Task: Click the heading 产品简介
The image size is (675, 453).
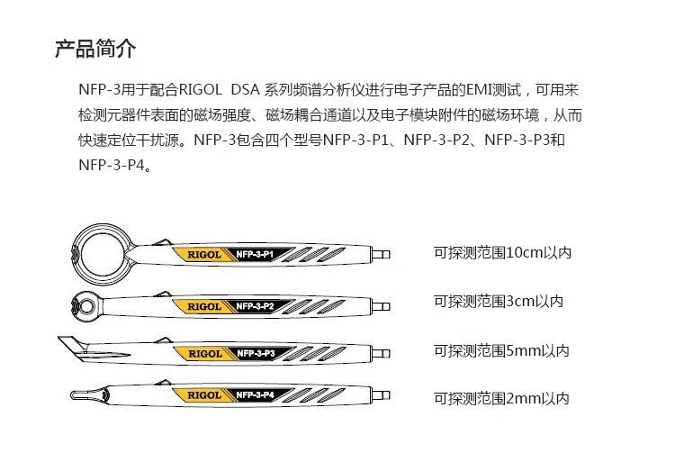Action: coord(95,49)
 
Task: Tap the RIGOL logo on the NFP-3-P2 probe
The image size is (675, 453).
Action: coord(204,306)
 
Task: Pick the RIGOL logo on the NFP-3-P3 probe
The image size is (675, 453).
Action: coord(204,353)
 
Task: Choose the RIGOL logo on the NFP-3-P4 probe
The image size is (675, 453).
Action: coord(204,395)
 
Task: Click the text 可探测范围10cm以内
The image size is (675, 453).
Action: coord(502,253)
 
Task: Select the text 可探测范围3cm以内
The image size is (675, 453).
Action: coord(499,302)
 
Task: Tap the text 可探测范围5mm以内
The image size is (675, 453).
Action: coord(501,350)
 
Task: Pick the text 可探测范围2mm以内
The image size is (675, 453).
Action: coord(501,398)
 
